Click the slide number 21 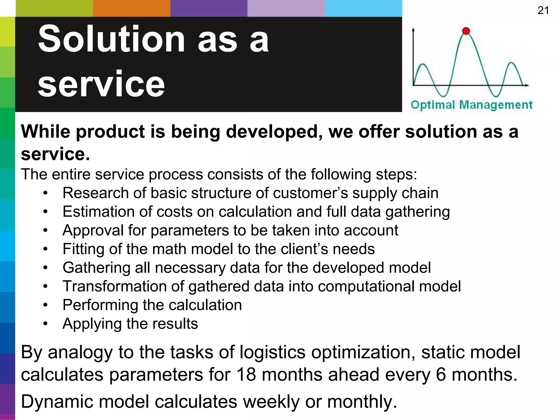pyautogui.click(x=543, y=11)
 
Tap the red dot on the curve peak pyautogui.click(x=466, y=31)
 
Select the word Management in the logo pyautogui.click(x=495, y=105)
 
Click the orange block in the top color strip pyautogui.click(x=132, y=8)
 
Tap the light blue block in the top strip pyautogui.click(x=363, y=8)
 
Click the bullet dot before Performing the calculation pyautogui.click(x=45, y=305)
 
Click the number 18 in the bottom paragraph pyautogui.click(x=246, y=374)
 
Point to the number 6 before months pyautogui.click(x=441, y=374)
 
